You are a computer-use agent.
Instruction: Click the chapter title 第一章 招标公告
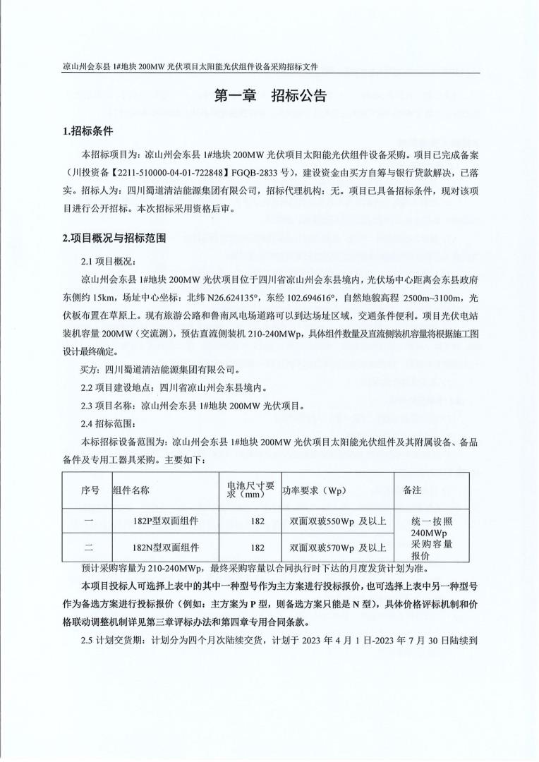(x=270, y=97)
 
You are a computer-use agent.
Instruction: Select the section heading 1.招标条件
(x=88, y=131)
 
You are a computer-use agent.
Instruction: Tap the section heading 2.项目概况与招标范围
(x=115, y=238)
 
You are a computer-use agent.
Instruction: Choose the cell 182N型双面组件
(x=165, y=547)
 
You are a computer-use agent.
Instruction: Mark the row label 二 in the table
(x=87, y=547)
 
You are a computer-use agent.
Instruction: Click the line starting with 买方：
(x=162, y=369)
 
